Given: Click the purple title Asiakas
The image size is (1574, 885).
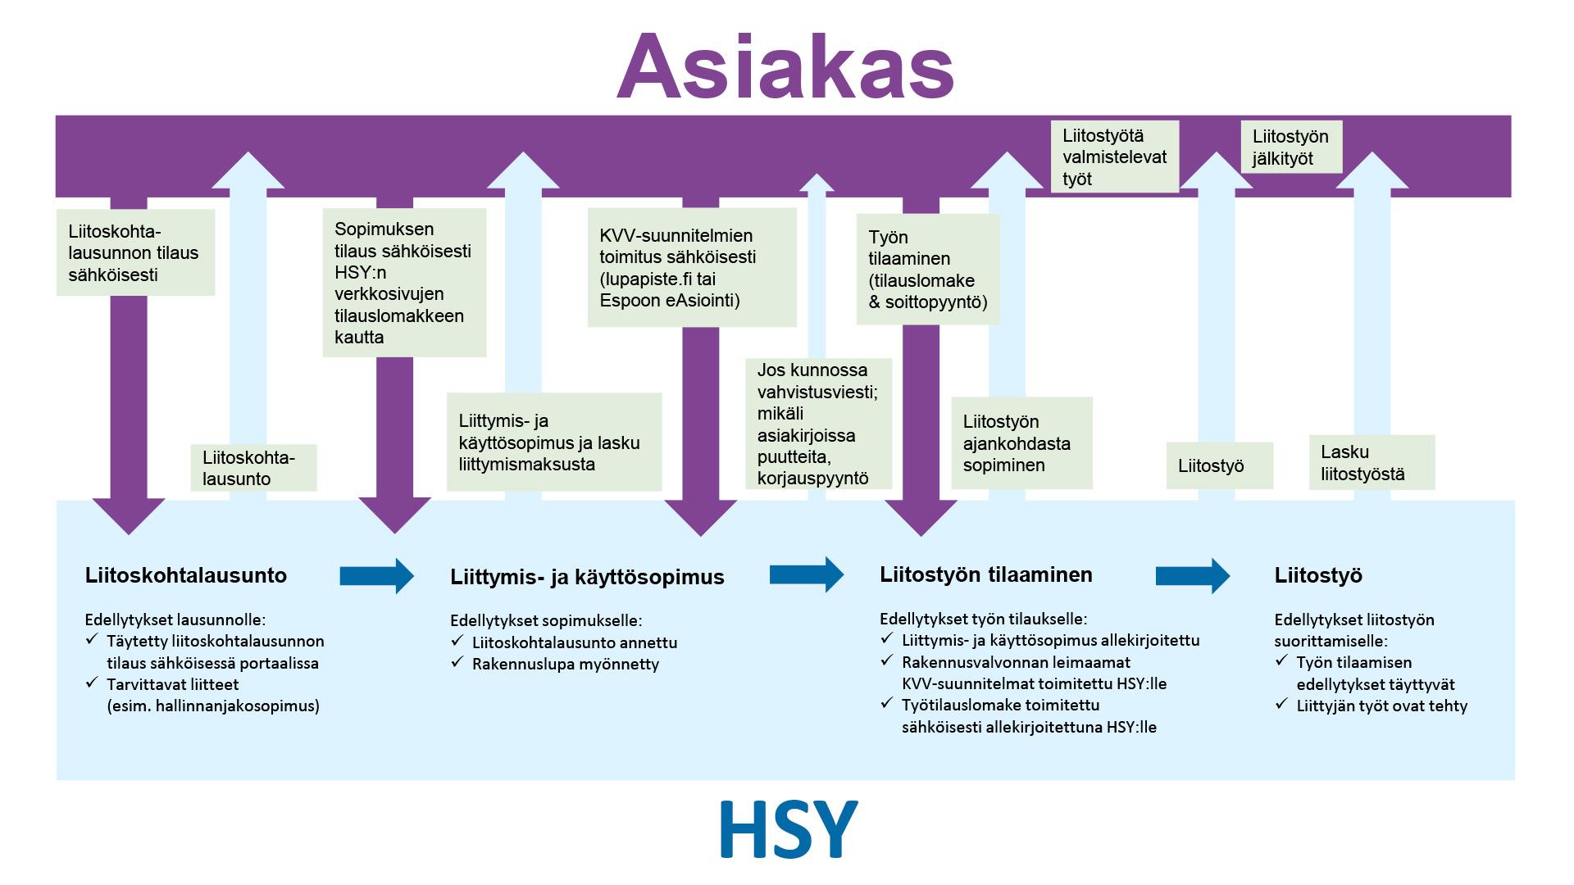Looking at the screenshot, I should [785, 67].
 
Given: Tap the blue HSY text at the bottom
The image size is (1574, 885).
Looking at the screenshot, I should [788, 829].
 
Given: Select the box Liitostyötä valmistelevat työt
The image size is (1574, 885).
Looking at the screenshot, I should [1114, 157].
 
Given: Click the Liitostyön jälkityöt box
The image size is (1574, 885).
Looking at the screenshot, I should [1291, 147].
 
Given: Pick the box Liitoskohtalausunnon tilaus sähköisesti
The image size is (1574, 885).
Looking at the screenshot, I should [135, 252].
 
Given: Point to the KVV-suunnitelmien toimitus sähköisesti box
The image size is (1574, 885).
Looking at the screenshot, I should [691, 268].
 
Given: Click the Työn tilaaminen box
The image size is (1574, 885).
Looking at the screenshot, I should [927, 269].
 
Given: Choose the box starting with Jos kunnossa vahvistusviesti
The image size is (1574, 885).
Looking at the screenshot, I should [817, 424].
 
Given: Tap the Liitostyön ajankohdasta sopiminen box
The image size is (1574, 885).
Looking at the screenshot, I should [1021, 443].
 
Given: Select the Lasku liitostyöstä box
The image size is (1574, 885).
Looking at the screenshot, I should [1371, 462].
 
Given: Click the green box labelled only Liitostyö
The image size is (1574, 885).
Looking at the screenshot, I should [1218, 465].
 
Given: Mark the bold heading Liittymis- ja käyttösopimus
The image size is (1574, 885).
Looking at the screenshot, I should [587, 577].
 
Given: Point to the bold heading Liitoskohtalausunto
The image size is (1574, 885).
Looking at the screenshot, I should [186, 575].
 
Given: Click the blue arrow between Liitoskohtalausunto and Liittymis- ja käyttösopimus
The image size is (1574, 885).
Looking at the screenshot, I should [376, 575].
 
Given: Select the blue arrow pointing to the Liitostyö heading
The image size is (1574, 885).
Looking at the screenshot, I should [1192, 575].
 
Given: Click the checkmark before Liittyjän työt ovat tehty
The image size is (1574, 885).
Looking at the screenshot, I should [1282, 704].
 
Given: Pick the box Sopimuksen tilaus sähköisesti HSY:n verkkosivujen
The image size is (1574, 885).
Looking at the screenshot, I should [404, 283].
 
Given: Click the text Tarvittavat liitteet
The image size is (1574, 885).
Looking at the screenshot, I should [173, 683].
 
